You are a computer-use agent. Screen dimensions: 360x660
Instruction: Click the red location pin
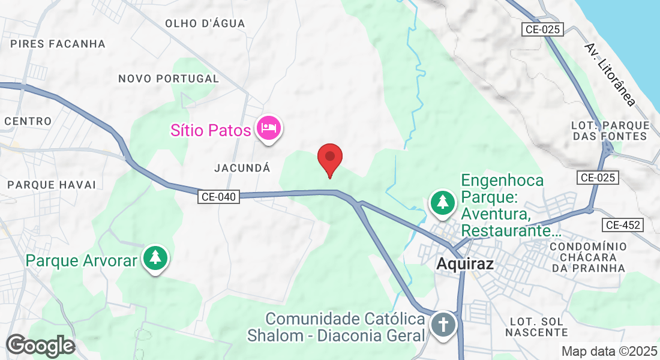tap(329, 158)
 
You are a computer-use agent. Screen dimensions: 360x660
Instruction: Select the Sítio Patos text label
tap(210, 130)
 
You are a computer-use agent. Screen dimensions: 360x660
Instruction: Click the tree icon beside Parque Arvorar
tap(156, 258)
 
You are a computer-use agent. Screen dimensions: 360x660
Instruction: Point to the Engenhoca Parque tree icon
tap(443, 202)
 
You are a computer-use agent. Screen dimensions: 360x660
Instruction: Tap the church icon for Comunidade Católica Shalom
tap(444, 325)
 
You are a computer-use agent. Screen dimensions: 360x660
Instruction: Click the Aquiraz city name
tap(465, 263)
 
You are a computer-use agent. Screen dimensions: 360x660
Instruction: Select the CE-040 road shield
tap(219, 196)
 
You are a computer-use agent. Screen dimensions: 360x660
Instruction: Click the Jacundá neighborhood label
tap(242, 169)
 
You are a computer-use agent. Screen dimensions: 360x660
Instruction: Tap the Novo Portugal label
tap(169, 79)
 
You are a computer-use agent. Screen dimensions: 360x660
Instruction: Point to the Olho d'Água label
tap(205, 23)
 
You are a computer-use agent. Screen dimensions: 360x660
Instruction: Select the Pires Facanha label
tap(58, 44)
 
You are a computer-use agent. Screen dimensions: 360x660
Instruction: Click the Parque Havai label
tap(52, 184)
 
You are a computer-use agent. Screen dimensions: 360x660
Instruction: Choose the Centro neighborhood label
tap(28, 121)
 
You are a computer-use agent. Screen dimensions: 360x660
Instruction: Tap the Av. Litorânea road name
tap(610, 74)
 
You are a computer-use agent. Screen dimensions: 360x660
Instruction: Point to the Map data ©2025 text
tap(608, 351)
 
